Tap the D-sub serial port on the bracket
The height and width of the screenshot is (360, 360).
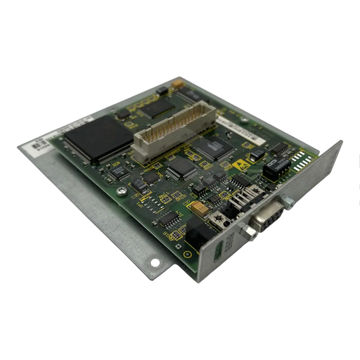click(270, 217)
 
